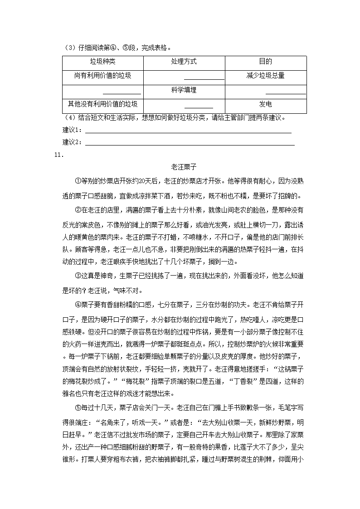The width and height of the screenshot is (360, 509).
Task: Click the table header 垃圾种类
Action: [102, 62]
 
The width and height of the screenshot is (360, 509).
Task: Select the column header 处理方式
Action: [184, 62]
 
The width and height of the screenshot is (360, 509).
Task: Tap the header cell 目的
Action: [265, 62]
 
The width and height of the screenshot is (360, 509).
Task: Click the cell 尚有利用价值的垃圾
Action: [102, 76]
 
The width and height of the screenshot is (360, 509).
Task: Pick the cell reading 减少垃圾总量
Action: [265, 76]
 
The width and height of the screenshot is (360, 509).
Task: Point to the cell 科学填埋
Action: [184, 90]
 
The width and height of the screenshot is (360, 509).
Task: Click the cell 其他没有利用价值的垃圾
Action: [102, 104]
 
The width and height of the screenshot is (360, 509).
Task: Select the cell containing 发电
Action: [265, 104]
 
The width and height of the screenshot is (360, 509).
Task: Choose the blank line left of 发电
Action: [199, 107]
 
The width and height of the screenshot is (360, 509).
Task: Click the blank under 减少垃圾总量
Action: [286, 92]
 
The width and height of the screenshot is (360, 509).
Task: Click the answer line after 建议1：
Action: [188, 132]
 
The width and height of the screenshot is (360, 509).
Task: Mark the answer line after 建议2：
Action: [190, 144]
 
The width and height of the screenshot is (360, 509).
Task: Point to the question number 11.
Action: [57, 155]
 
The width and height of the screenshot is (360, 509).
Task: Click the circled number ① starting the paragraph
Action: [77, 181]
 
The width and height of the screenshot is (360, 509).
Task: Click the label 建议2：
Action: [73, 142]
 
